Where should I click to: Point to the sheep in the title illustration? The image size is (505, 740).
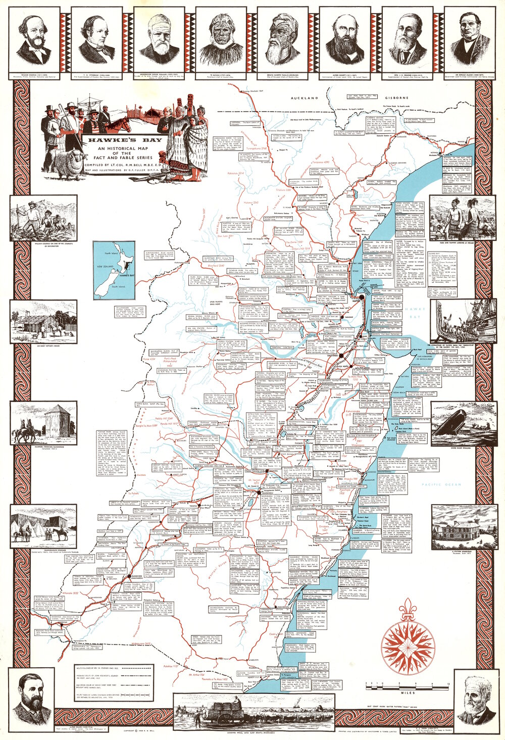[69, 163]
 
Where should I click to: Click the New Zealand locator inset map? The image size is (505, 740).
[115, 271]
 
